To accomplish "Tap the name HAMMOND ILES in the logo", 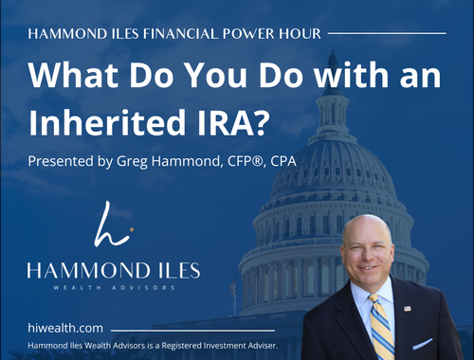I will pos(113,271).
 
